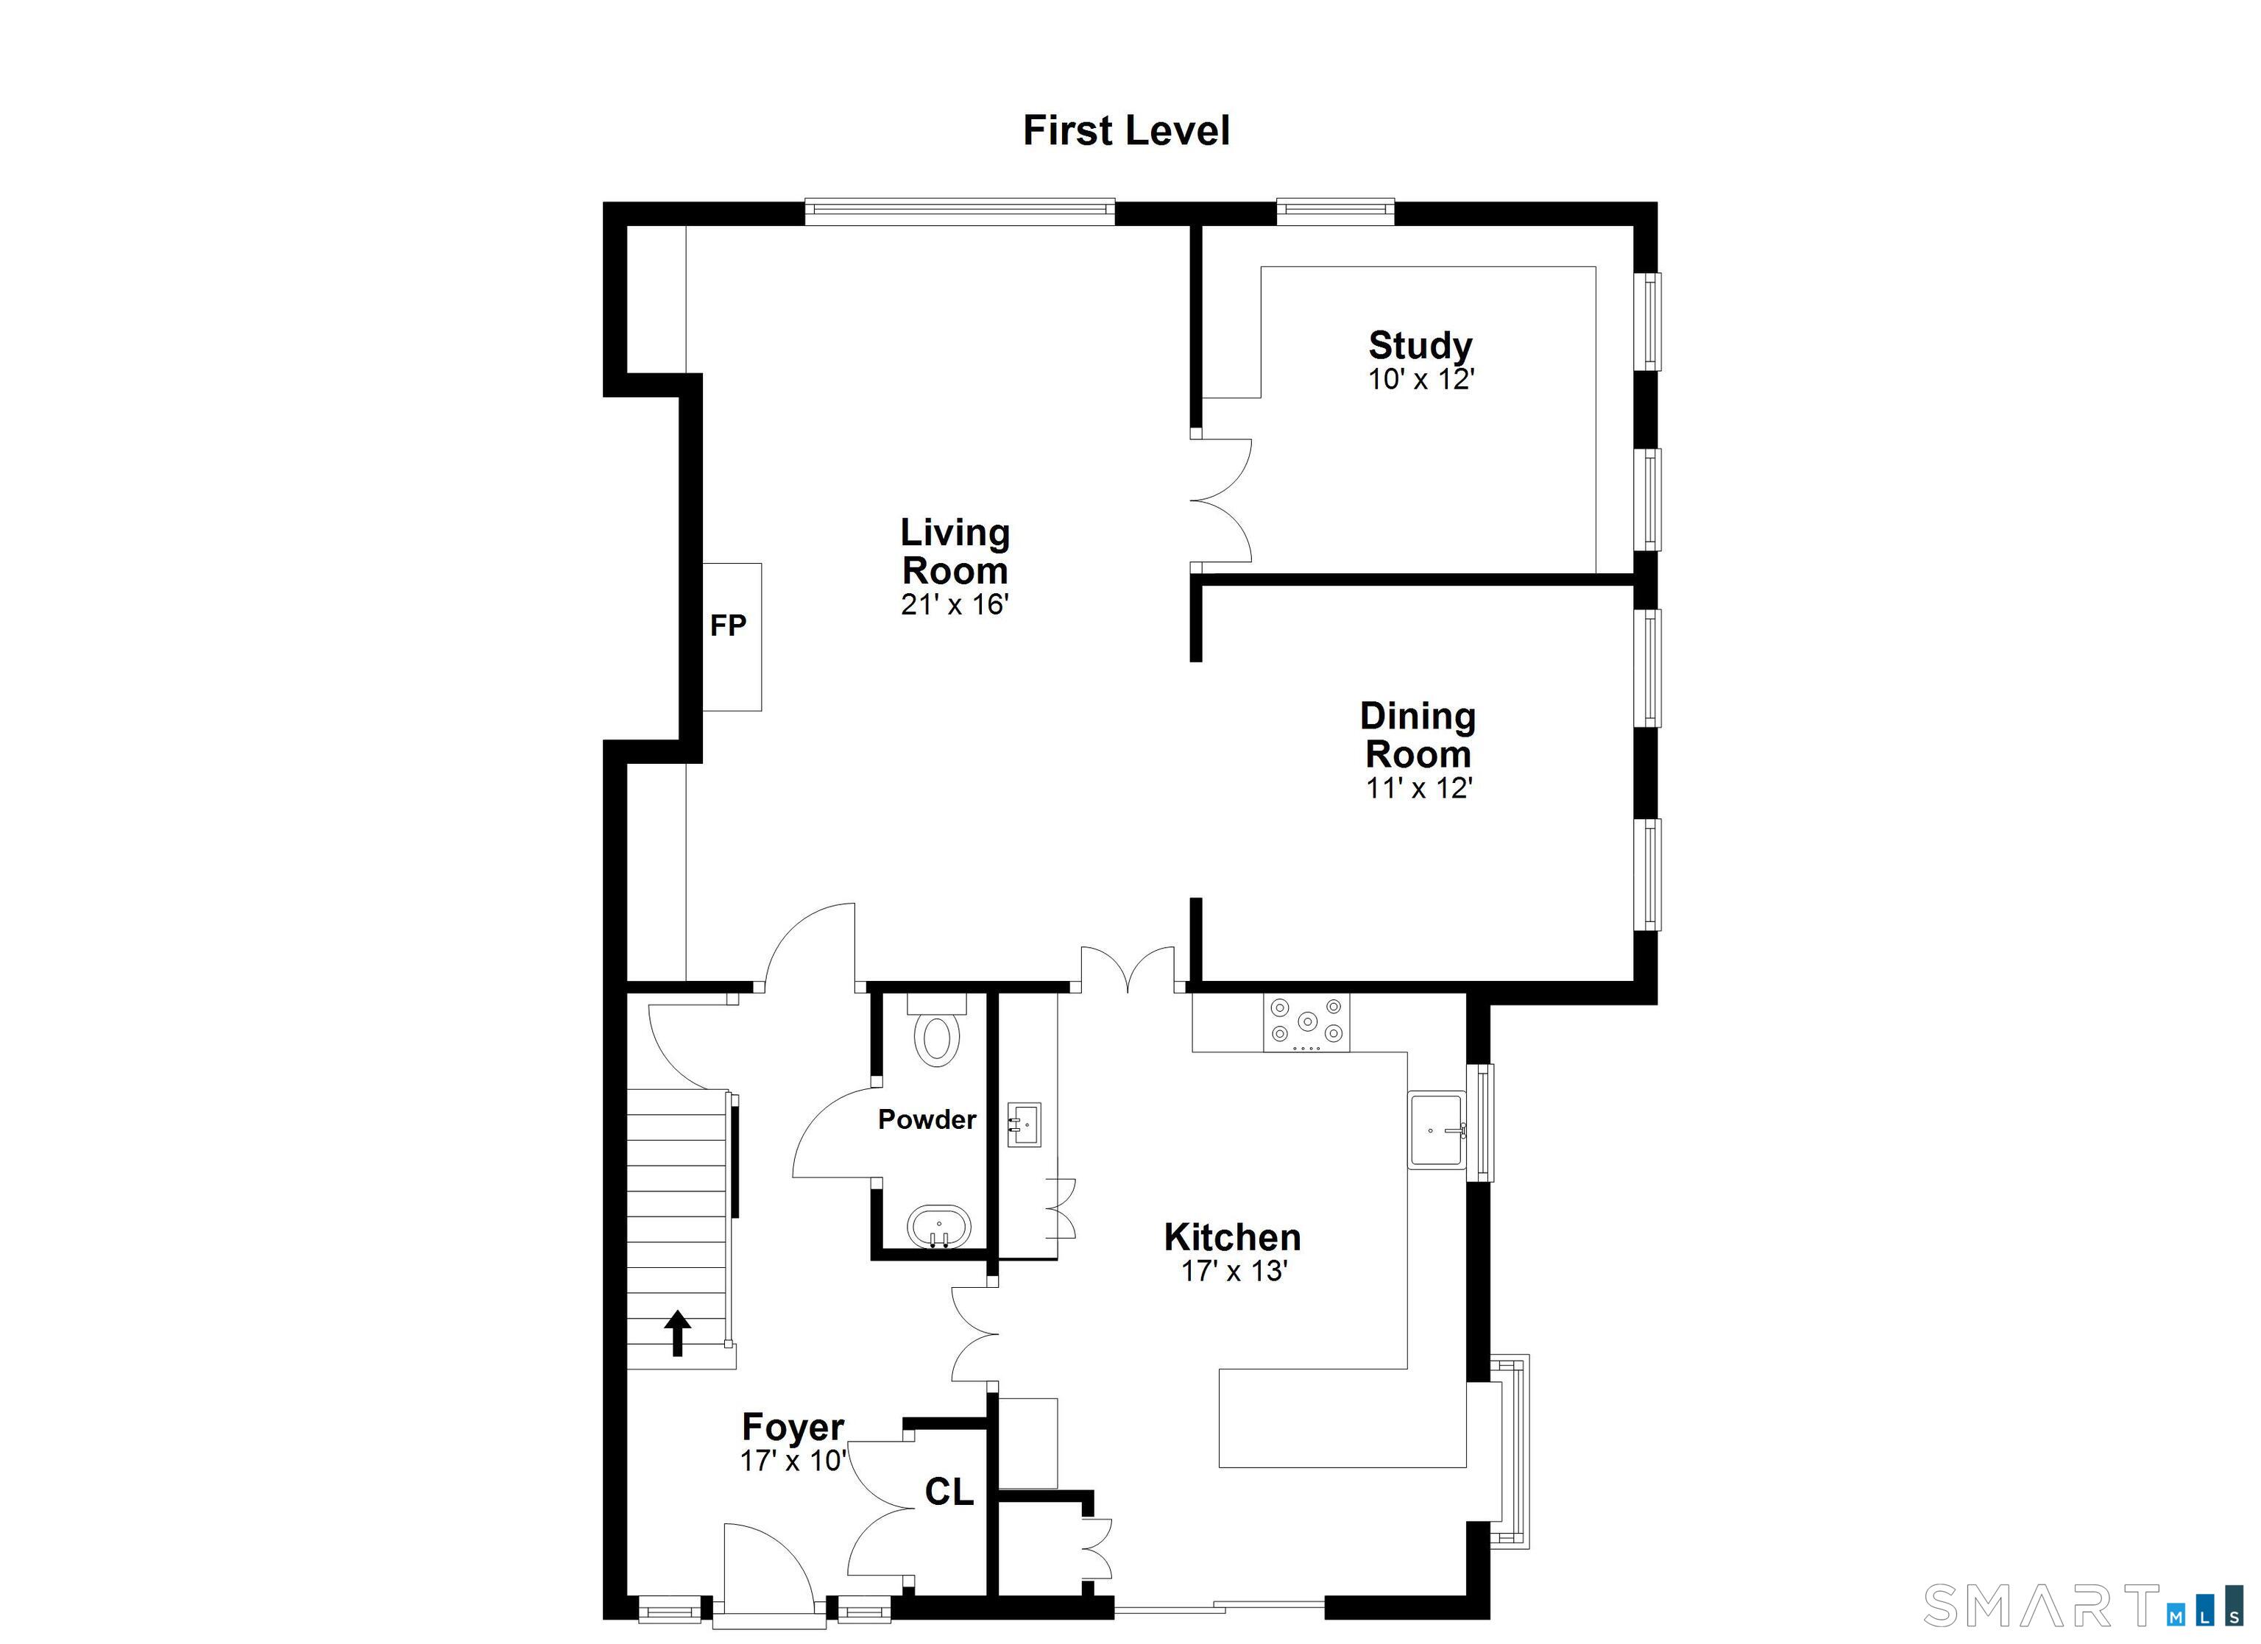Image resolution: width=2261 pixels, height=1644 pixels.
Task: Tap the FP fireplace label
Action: (x=728, y=625)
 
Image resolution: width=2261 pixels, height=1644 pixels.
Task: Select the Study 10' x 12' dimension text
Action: (x=1420, y=380)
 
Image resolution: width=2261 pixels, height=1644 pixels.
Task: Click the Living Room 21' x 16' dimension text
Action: (x=955, y=605)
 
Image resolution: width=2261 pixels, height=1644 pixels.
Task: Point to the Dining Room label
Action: (x=1418, y=734)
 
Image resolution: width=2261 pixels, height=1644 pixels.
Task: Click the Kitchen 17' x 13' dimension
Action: (x=1234, y=1271)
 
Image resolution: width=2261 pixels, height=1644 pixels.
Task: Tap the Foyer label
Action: (x=793, y=1427)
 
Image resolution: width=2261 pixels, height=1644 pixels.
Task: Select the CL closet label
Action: (x=948, y=1492)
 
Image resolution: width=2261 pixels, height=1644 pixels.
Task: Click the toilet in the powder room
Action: (x=937, y=1035)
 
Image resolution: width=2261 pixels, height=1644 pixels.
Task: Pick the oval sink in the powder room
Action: (x=938, y=1227)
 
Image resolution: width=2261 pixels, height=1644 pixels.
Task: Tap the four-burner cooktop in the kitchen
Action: (x=1306, y=1022)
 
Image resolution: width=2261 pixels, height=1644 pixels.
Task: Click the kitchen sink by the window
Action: (x=1435, y=1130)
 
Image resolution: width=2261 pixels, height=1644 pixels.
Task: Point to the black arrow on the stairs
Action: (x=678, y=1333)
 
